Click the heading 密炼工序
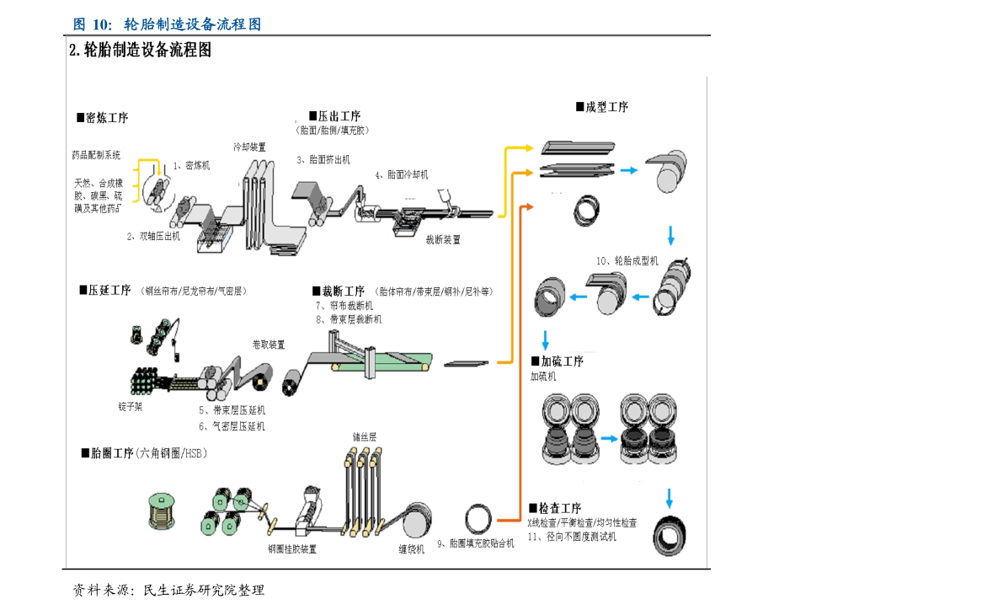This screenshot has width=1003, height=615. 103,118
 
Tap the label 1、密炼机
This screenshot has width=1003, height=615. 191,166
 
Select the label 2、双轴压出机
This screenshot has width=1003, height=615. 153,237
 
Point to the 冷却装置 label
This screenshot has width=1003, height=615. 250,147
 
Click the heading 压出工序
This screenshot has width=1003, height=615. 334,116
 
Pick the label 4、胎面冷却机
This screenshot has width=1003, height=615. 402,175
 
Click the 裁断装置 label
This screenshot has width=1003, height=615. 442,239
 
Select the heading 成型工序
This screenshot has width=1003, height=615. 602,107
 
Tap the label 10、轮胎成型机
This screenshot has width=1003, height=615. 627,261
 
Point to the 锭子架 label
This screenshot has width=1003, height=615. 131,407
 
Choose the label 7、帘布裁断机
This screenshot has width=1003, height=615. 344,306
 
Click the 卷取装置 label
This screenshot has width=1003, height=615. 269,345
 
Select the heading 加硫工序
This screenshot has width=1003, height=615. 557,361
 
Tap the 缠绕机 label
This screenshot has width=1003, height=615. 411,549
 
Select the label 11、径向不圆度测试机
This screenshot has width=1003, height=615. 572,537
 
